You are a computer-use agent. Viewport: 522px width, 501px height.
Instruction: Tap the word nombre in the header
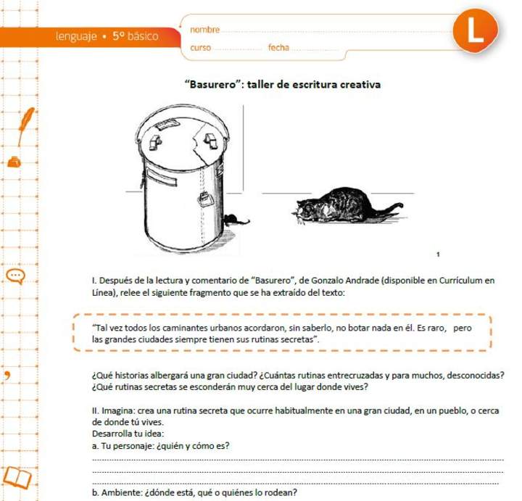pyautogui.click(x=204, y=30)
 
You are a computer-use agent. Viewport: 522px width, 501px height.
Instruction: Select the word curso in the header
pyautogui.click(x=201, y=48)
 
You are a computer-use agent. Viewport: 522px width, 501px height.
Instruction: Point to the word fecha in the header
pyautogui.click(x=278, y=48)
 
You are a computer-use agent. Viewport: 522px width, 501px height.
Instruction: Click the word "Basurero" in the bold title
pyautogui.click(x=212, y=84)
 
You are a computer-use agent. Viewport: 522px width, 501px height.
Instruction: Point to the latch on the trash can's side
pyautogui.click(x=205, y=196)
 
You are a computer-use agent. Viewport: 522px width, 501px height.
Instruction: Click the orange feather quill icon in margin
pyautogui.click(x=26, y=119)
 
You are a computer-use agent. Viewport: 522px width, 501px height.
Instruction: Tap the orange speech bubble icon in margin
pyautogui.click(x=16, y=276)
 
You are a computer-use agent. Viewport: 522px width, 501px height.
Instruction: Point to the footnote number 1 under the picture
pyautogui.click(x=439, y=254)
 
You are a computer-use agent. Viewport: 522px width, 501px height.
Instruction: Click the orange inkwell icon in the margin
pyautogui.click(x=14, y=162)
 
